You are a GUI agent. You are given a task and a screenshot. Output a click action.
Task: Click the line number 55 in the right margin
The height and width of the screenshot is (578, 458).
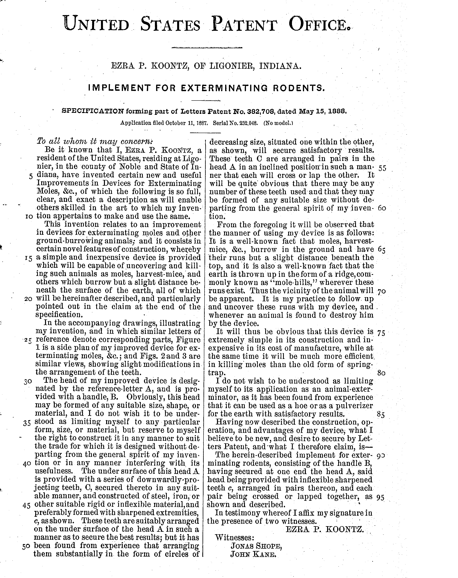pyautogui.click(x=382, y=168)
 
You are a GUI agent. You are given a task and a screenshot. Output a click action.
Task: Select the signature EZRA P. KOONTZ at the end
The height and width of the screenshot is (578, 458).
pyautogui.click(x=325, y=529)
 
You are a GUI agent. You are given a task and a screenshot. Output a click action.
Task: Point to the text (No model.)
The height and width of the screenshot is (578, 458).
pyautogui.click(x=278, y=123)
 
